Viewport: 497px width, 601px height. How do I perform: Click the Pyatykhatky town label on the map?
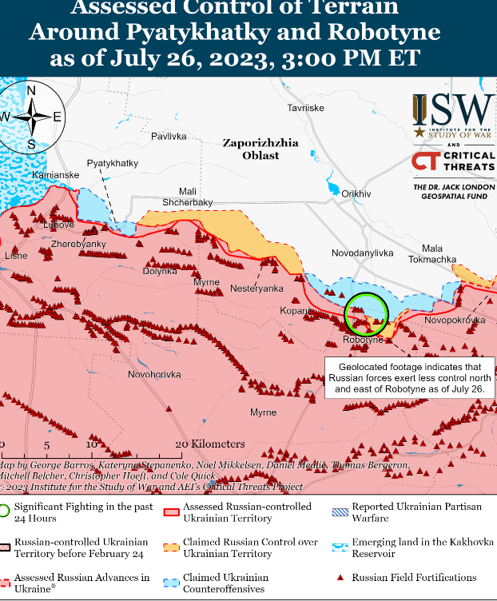pyautogui.click(x=113, y=163)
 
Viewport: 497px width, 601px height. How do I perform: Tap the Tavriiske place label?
pyautogui.click(x=306, y=107)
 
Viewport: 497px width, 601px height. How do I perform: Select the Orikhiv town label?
pyautogui.click(x=356, y=194)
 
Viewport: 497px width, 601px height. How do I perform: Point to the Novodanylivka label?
pyautogui.click(x=363, y=253)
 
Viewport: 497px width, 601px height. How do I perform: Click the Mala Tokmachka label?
pyautogui.click(x=432, y=254)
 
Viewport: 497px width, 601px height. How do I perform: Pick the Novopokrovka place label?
pyautogui.click(x=455, y=320)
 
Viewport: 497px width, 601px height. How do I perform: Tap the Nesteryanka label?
pyautogui.click(x=256, y=288)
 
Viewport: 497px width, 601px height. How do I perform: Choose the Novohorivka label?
pyautogui.click(x=154, y=374)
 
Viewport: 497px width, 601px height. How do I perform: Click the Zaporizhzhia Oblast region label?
pyautogui.click(x=260, y=149)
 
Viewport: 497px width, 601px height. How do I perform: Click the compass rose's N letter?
pyautogui.click(x=31, y=91)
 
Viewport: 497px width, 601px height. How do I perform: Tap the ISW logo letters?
pyautogui.click(x=452, y=109)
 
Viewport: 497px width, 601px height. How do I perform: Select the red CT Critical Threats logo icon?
pyautogui.click(x=424, y=161)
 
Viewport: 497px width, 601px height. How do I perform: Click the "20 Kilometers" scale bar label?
pyautogui.click(x=209, y=444)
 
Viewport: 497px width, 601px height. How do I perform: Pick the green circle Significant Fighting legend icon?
pyautogui.click(x=5, y=511)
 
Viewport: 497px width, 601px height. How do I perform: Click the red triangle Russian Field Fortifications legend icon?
pyautogui.click(x=340, y=577)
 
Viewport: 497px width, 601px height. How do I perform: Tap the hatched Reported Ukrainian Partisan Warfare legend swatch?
pyautogui.click(x=340, y=507)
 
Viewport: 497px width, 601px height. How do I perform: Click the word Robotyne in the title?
pyautogui.click(x=379, y=32)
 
